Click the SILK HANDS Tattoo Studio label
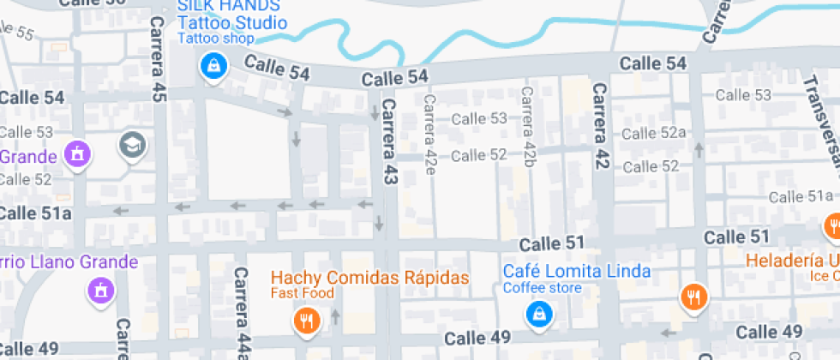pyautogui.click(x=226, y=15)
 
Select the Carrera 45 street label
pyautogui.click(x=158, y=59)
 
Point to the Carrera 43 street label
pyautogui.click(x=391, y=141)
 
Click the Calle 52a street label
pyautogui.click(x=655, y=133)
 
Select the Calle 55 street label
pyautogui.click(x=19, y=33)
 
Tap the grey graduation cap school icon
pyautogui.click(x=133, y=145)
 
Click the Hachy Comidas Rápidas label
pyautogui.click(x=370, y=279)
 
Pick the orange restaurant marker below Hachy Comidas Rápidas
pyautogui.click(x=306, y=321)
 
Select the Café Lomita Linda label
pyautogui.click(x=576, y=272)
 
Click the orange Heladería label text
pyautogui.click(x=792, y=261)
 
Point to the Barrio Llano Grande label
pyautogui.click(x=70, y=262)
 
